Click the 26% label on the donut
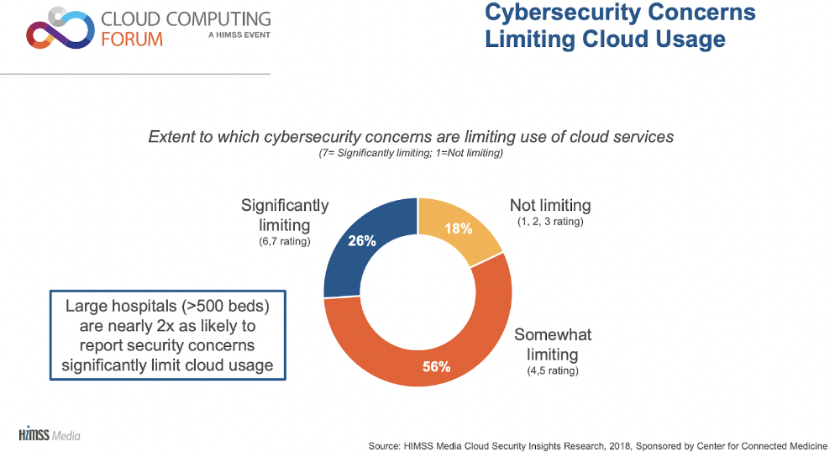coord(361,240)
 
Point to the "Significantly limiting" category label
coord(285,215)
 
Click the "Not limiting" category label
coord(550,206)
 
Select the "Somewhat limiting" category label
coord(553,344)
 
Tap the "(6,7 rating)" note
coord(285,242)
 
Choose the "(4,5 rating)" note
coord(552,370)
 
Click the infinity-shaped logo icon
coord(58,30)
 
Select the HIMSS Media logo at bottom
coord(49,435)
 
